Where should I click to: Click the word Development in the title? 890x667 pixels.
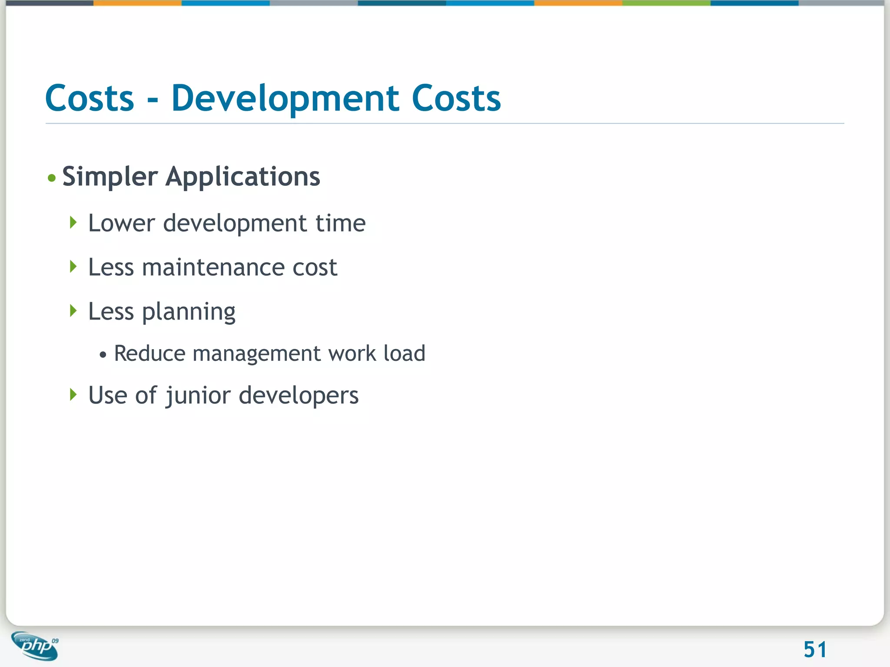coord(285,99)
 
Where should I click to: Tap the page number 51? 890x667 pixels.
coord(815,650)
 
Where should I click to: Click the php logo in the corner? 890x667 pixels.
coord(35,646)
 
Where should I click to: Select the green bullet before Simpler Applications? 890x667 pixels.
coord(52,178)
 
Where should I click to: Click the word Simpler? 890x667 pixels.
coord(110,177)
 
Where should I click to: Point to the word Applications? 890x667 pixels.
coord(242,177)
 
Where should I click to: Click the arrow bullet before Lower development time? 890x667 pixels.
coord(73,223)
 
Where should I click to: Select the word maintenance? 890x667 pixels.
coord(213,267)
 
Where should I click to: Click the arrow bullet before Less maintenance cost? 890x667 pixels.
coord(73,267)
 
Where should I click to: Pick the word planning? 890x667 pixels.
coord(189,312)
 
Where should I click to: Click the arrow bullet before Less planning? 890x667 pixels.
coord(73,310)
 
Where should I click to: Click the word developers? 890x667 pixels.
coord(299,396)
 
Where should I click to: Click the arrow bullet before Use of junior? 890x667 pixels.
coord(73,395)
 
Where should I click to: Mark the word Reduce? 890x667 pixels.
coord(149,353)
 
